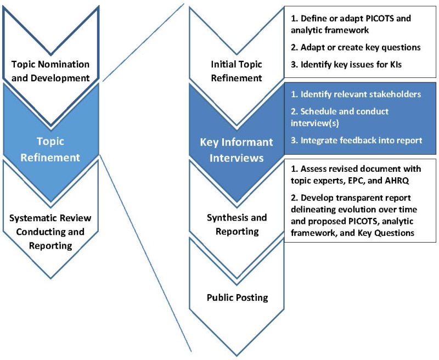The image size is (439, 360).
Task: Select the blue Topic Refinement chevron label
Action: coord(51,149)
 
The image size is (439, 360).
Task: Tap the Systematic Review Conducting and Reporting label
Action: coord(51,232)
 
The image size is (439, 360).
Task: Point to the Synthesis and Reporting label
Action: coord(236,224)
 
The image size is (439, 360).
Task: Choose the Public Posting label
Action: coord(237,298)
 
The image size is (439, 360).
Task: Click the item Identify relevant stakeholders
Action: coord(357,94)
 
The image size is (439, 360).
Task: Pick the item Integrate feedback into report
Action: coord(357,140)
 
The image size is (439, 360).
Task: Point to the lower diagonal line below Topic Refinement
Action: coord(145,252)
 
